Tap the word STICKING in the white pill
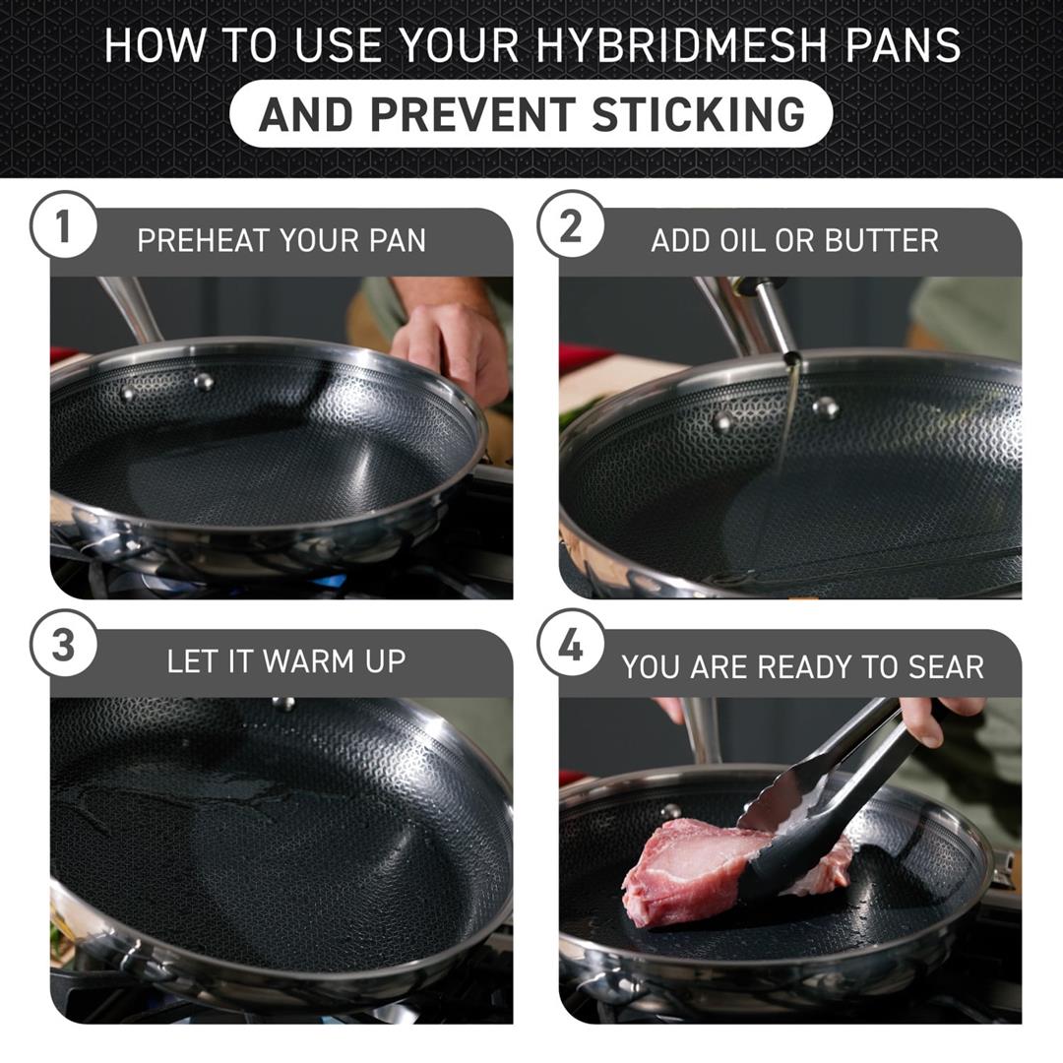pos(699,115)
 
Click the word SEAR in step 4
pos(948,667)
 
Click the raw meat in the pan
pos(689,866)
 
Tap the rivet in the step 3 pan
pos(283,703)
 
